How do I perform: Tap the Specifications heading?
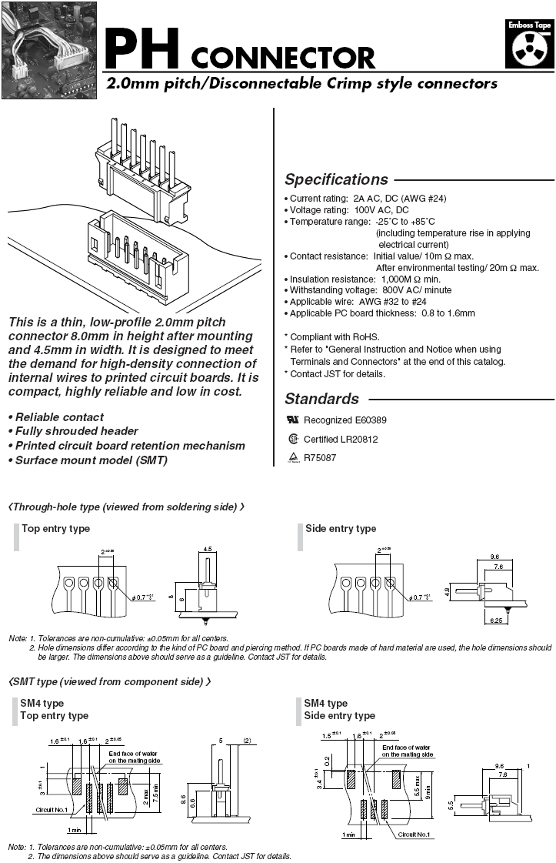pyautogui.click(x=336, y=179)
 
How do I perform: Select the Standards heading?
pyautogui.click(x=321, y=399)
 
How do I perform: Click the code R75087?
pyautogui.click(x=321, y=457)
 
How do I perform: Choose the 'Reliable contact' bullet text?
pyautogui.click(x=60, y=416)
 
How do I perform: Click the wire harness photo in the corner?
pyautogui.click(x=48, y=50)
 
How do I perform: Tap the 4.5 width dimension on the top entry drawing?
pyautogui.click(x=206, y=549)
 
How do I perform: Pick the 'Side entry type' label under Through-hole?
pyautogui.click(x=341, y=528)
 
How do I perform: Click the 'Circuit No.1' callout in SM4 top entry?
pyautogui.click(x=52, y=810)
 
